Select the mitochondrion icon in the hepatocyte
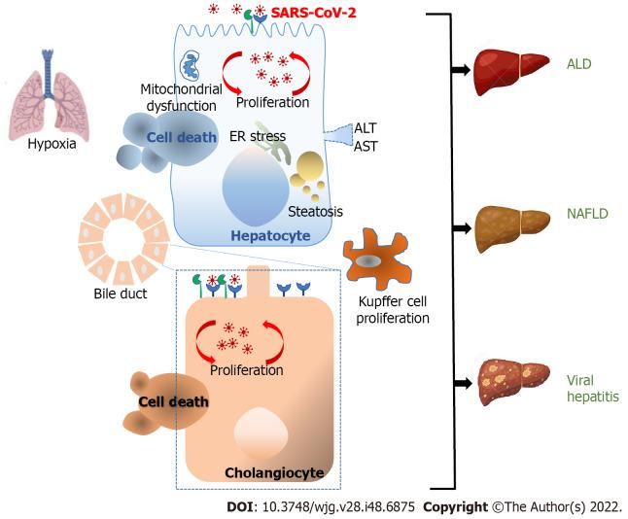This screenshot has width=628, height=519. (x=192, y=67)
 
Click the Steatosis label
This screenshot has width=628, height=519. (x=315, y=210)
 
